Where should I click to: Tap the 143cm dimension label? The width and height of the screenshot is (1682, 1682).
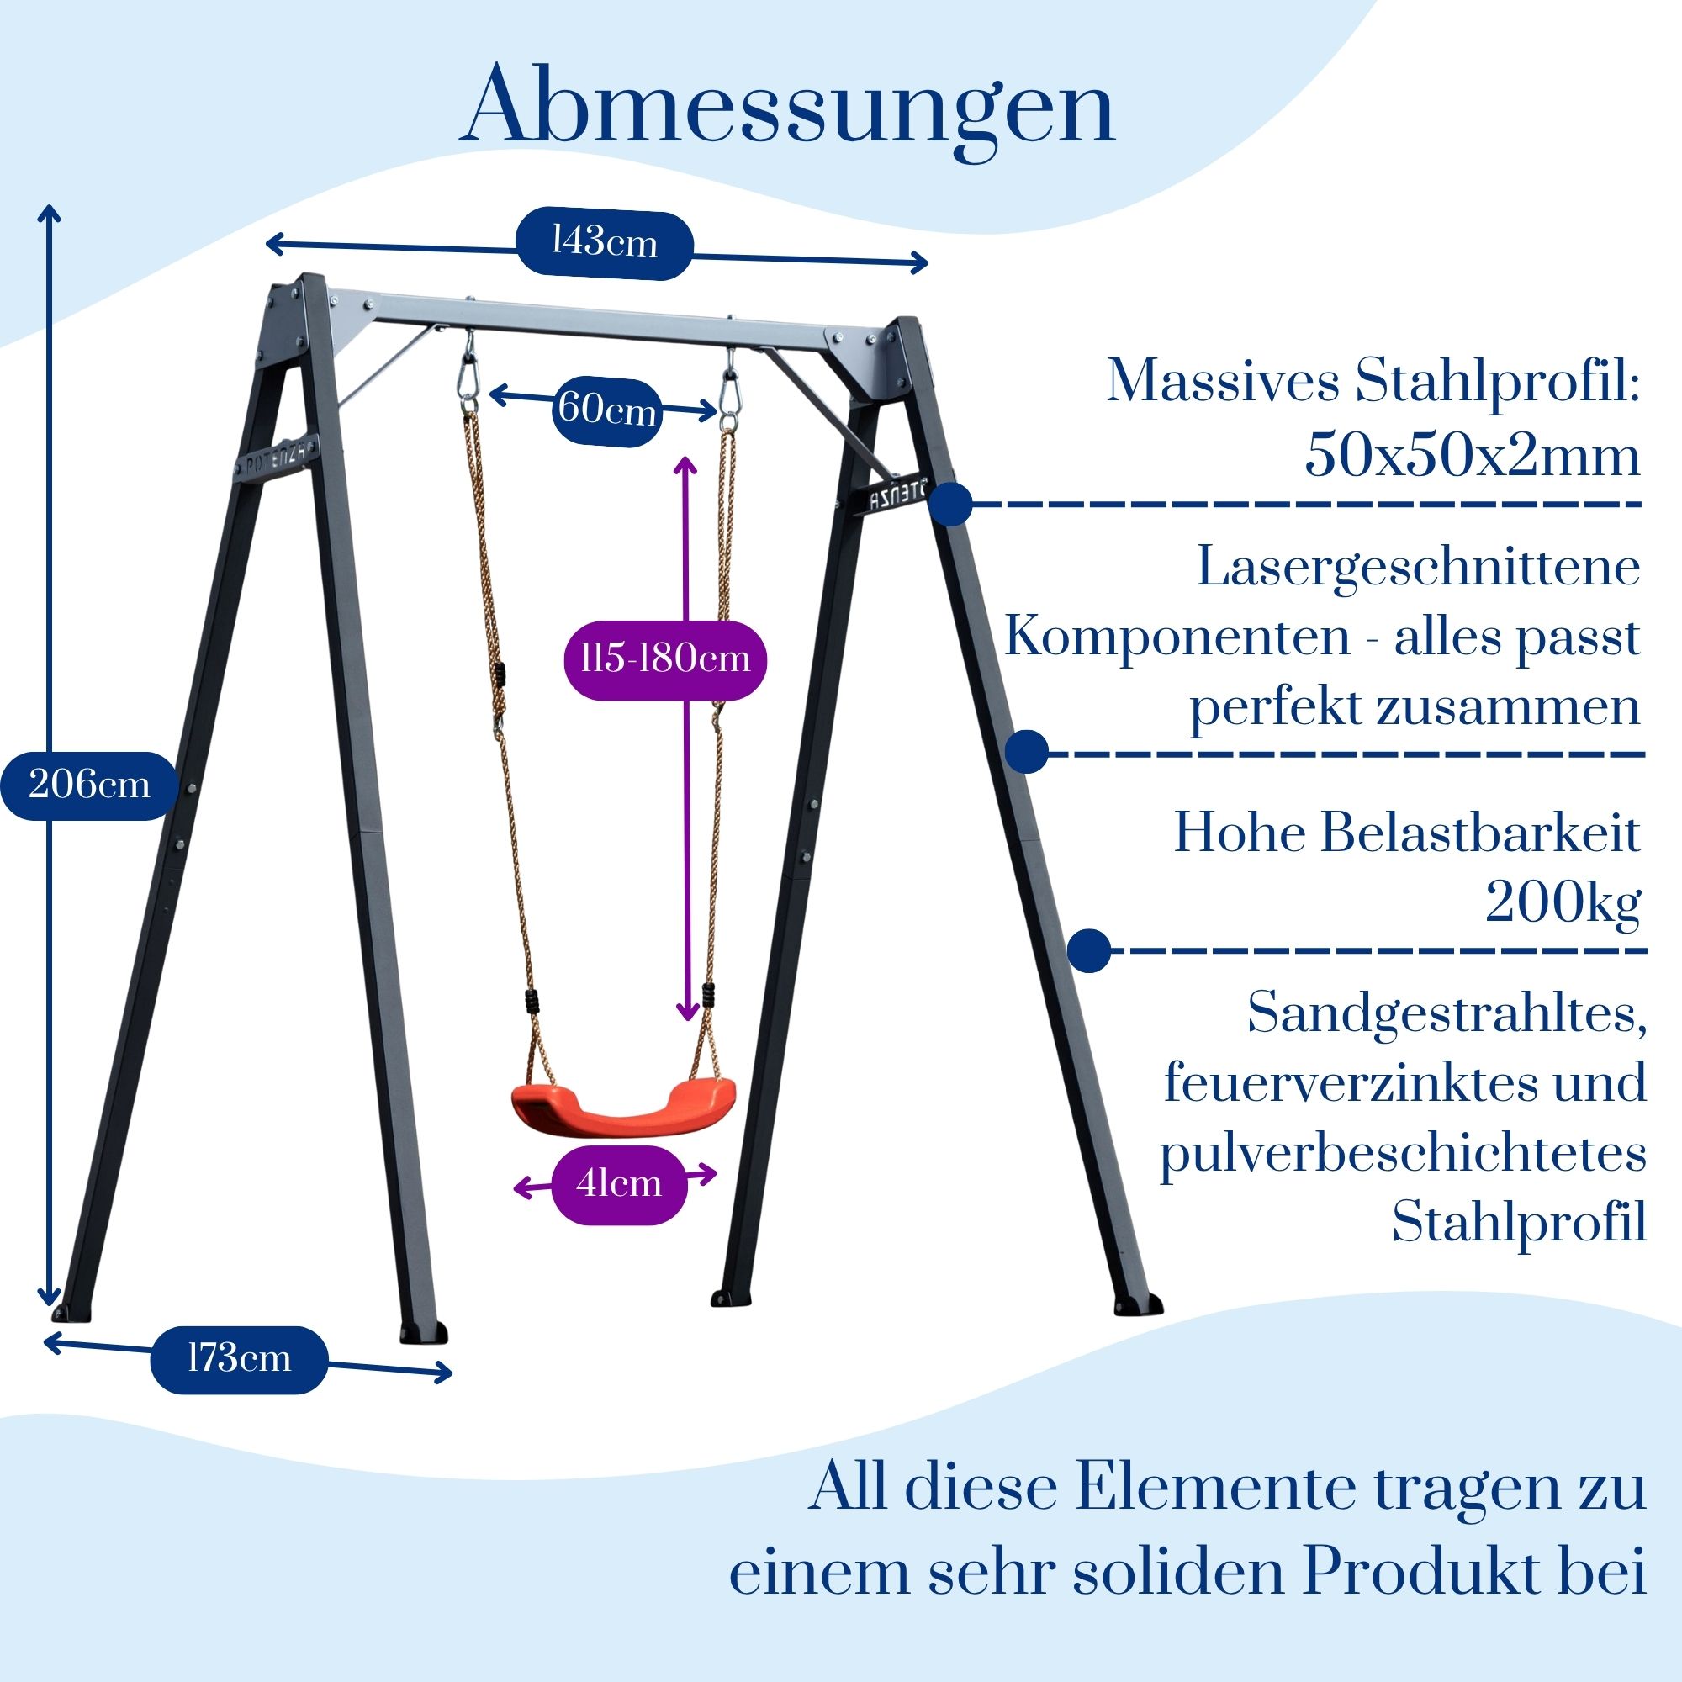[605, 243]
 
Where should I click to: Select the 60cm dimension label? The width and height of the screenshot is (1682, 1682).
[607, 410]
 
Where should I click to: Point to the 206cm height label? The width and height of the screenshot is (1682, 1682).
[89, 785]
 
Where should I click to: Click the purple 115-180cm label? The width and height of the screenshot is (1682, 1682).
[665, 659]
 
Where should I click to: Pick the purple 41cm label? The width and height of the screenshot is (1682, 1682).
[619, 1184]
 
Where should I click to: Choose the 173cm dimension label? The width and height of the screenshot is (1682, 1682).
[240, 1359]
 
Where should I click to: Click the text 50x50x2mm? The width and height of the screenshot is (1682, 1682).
[1471, 455]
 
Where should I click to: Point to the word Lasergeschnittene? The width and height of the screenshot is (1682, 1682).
[1418, 568]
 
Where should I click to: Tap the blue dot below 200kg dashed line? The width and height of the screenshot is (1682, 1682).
[1089, 949]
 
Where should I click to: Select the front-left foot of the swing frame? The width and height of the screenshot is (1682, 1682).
[423, 1334]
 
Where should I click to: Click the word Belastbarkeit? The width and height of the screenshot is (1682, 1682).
[1479, 833]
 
